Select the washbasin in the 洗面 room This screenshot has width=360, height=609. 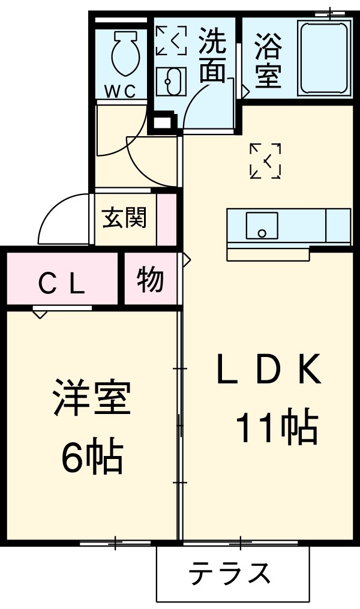[x=170, y=81]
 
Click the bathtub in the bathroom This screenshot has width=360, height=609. [x=325, y=59]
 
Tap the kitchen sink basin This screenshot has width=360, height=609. [x=262, y=226]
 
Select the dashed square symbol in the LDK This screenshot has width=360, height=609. [x=265, y=161]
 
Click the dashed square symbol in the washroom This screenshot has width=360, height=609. [x=170, y=41]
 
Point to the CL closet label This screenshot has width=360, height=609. [x=61, y=284]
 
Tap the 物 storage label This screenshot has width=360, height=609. [x=150, y=280]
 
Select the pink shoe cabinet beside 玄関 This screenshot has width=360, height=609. [x=167, y=220]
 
